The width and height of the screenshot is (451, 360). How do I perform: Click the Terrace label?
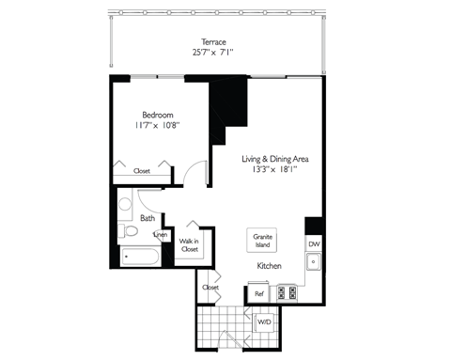point(214,41)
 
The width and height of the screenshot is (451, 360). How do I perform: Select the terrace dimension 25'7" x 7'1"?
point(214,54)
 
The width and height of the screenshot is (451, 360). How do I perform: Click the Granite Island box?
point(262,241)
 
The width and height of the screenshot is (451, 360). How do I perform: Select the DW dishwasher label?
point(313,244)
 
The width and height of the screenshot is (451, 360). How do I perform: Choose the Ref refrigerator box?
point(259,294)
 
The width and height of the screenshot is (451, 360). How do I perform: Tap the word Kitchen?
point(271,268)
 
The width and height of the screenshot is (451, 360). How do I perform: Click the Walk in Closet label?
point(189,246)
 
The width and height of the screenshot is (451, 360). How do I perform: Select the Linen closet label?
point(161,234)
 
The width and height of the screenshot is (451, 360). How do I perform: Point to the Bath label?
point(148,218)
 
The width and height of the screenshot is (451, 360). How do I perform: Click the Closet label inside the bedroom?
point(142,171)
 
